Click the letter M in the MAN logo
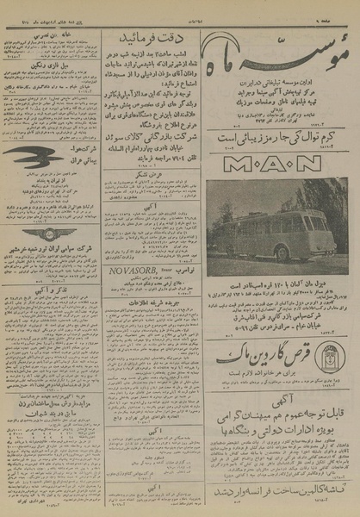point(226,162)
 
